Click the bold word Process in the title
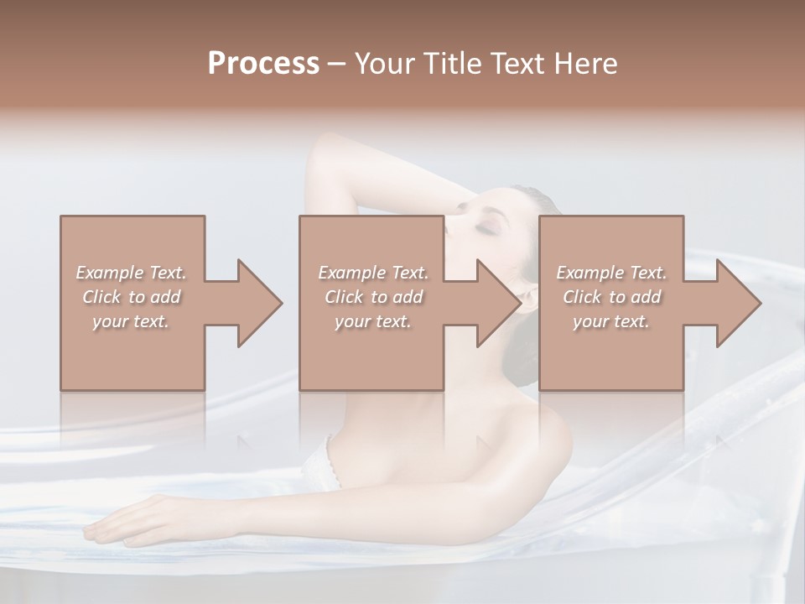point(263,64)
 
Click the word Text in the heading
point(523,64)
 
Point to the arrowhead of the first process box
point(259,303)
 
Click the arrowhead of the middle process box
point(499,303)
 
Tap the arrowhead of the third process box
point(739,303)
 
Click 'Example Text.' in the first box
point(132,273)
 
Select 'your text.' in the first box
point(132,321)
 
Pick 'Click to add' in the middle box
point(373,297)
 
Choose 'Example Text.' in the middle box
point(373,273)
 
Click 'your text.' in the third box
point(611,321)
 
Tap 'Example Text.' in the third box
point(611,273)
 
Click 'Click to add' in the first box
point(132,297)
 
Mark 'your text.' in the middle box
point(373,321)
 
